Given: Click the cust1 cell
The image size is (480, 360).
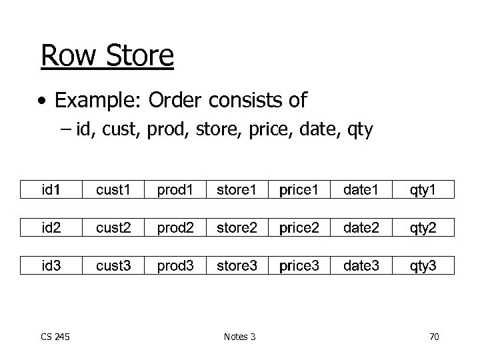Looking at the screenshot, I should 113,190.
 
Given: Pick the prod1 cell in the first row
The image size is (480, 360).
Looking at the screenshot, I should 175,190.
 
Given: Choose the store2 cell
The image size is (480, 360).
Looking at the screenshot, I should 237,228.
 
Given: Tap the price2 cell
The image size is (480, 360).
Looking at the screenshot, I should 299,228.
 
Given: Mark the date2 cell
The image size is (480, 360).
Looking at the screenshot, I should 361,228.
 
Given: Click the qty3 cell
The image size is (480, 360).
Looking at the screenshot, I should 423,266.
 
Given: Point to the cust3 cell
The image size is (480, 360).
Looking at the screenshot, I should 113,266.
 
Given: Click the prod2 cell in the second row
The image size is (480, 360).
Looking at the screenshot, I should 175,228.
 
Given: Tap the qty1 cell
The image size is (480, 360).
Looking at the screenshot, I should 423,190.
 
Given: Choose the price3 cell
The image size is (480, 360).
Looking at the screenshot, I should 299,266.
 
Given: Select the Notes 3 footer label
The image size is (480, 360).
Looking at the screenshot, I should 240,337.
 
